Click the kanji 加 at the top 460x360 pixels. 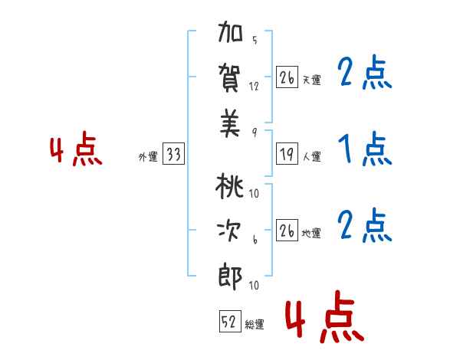pyautogui.click(x=231, y=36)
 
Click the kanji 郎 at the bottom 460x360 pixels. pyautogui.click(x=231, y=277)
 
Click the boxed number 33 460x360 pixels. pyautogui.click(x=173, y=155)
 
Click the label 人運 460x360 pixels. pyautogui.click(x=311, y=157)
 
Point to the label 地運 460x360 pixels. pyautogui.click(x=311, y=234)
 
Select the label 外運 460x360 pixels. pyautogui.click(x=148, y=157)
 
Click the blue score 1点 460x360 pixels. pyautogui.click(x=364, y=150)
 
